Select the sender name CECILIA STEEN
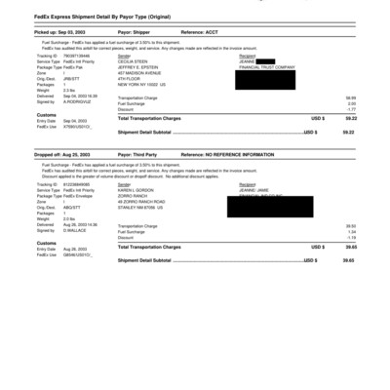click(x=135, y=61)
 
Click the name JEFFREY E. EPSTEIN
click(x=138, y=67)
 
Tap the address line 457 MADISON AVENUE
click(x=138, y=73)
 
